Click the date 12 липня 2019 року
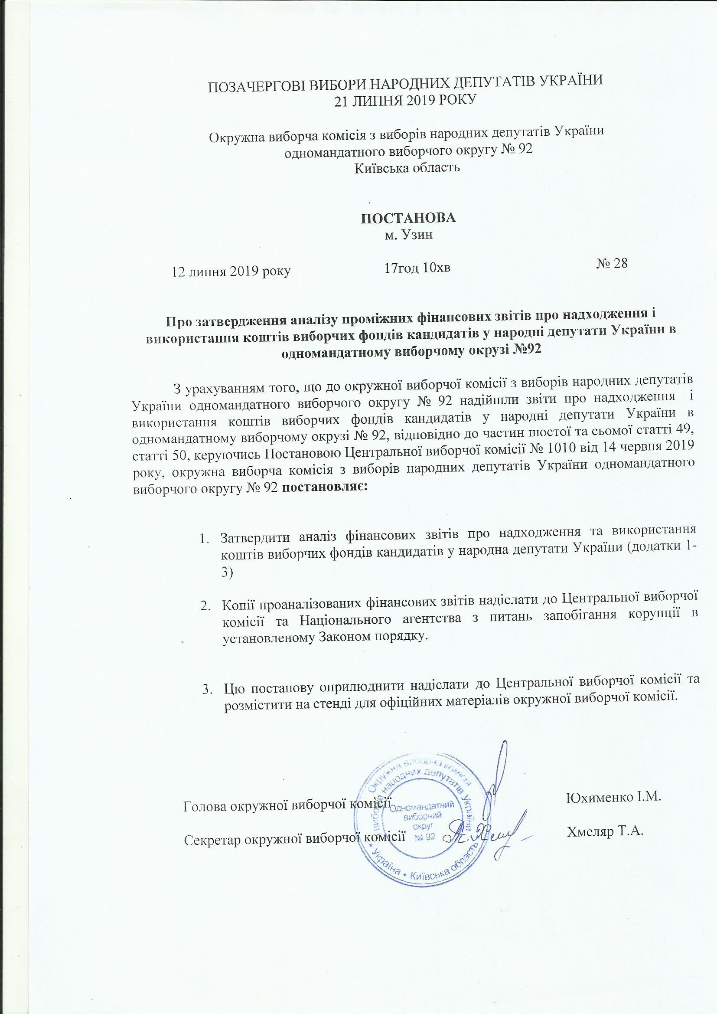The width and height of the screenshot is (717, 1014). click(231, 271)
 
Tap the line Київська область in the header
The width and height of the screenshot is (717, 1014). click(407, 168)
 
